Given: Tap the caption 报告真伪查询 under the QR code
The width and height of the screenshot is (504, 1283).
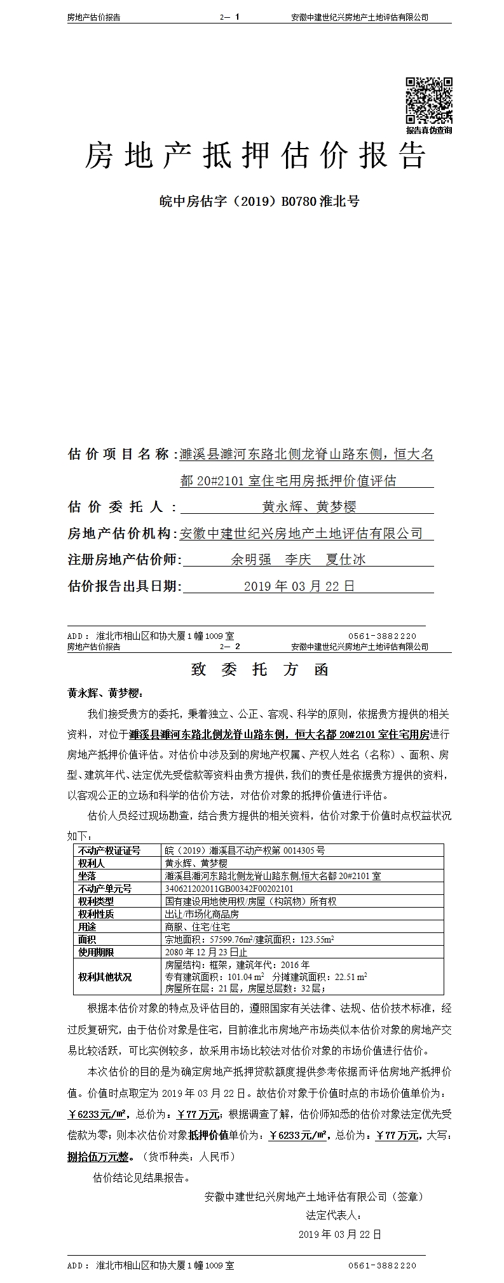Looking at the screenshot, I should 429,130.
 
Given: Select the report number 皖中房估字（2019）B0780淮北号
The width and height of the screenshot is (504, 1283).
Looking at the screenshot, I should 259,201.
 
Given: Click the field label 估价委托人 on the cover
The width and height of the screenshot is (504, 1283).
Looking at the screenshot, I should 115,507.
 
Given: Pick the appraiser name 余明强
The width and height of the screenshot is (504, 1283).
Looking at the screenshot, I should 251,560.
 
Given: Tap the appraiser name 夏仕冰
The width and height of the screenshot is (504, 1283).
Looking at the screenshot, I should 346,560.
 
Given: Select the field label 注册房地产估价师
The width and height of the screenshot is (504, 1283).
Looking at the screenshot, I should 124,560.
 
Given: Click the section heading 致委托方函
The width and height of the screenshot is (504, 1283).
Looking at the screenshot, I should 259,670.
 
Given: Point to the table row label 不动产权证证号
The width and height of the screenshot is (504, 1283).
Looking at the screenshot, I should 109,850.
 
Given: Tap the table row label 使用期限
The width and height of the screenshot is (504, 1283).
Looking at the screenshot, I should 96,952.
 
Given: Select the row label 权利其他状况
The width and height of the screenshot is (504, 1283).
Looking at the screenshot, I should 105,977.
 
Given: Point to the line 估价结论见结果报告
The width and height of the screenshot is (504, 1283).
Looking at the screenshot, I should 142,1160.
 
